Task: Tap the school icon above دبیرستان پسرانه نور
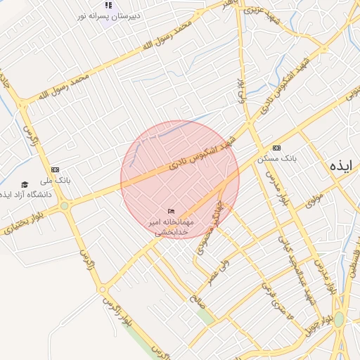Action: tap(108, 4)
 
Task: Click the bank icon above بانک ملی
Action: tap(56, 169)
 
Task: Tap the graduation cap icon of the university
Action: tap(25, 184)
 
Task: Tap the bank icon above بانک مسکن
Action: tap(276, 148)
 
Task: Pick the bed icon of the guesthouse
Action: tap(171, 211)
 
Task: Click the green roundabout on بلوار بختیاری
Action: tap(65, 206)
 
